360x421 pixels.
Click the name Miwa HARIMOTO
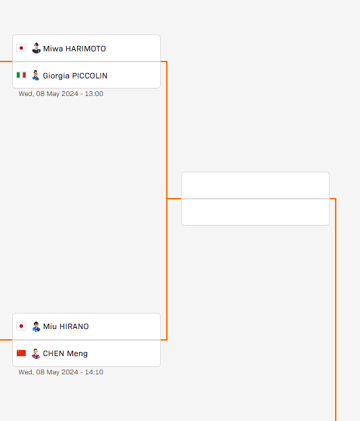pos(74,49)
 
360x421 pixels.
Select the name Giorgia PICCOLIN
pos(75,76)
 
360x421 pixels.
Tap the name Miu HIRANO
pos(66,326)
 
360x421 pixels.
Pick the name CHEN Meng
pos(66,353)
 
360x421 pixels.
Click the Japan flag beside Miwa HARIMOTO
pos(21,48)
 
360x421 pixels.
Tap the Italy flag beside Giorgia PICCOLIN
pos(21,75)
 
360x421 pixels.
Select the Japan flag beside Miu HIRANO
pos(21,326)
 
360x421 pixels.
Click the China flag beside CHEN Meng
pos(21,353)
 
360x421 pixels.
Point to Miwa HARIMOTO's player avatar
pos(36,48)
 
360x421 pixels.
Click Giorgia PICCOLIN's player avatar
pos(36,76)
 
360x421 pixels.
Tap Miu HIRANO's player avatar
pos(36,326)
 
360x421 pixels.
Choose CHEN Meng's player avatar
pos(36,353)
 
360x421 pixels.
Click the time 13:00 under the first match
pos(94,94)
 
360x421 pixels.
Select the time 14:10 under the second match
pos(94,372)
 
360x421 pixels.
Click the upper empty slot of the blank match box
pos(255,185)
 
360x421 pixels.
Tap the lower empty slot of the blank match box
pos(255,212)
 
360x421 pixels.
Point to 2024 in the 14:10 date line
pos(70,372)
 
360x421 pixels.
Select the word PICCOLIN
pos(90,76)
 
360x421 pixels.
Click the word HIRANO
pos(74,326)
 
